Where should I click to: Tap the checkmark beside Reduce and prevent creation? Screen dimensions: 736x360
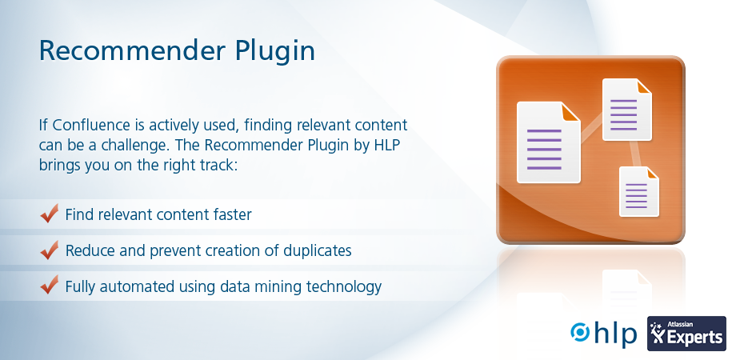pyautogui.click(x=50, y=250)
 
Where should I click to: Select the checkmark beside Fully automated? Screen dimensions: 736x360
pyautogui.click(x=50, y=286)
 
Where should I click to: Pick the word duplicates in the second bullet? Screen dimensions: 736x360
pyautogui.click(x=318, y=250)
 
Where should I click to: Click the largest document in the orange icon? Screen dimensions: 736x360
pyautogui.click(x=548, y=142)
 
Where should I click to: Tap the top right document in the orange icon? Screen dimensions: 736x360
pyautogui.click(x=626, y=110)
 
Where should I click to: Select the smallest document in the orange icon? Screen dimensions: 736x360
pyautogui.click(x=639, y=191)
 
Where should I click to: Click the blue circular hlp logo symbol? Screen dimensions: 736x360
pyautogui.click(x=580, y=332)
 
